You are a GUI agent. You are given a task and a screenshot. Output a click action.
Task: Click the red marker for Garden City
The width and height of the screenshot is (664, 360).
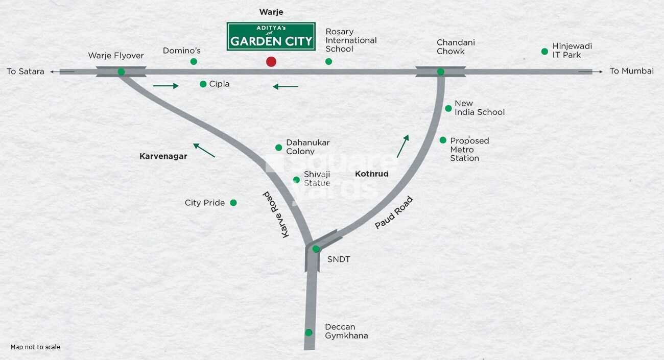pos(271,62)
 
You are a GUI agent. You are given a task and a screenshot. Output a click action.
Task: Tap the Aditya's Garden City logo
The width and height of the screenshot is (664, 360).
pos(271,37)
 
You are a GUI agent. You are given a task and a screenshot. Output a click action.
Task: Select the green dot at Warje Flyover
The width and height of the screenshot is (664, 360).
pos(121,72)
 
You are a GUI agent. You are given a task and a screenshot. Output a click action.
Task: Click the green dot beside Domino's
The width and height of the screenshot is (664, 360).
pos(194,62)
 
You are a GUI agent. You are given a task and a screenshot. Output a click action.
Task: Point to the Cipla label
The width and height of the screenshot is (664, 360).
pos(219,84)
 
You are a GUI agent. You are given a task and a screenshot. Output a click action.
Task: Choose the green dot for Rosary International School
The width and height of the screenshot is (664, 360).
pos(329,62)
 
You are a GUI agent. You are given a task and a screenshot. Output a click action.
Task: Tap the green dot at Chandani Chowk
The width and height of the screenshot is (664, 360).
pos(440,72)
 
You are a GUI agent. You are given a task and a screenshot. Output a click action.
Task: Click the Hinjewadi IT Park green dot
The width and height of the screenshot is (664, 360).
pos(544,52)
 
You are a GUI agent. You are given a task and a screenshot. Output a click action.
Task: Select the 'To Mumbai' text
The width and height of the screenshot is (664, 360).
pos(631,71)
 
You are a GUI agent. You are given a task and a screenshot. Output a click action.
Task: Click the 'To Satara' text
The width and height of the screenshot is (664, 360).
pos(26,72)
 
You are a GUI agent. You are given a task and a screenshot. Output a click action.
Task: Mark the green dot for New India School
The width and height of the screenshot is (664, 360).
pos(448,108)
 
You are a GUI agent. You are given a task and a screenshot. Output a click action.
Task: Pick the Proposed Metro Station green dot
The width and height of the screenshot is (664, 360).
pos(443,140)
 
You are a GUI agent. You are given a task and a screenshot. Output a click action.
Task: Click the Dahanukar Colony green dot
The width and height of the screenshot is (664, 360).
pos(278,148)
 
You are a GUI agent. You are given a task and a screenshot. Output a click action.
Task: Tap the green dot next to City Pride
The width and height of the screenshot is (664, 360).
pos(233,203)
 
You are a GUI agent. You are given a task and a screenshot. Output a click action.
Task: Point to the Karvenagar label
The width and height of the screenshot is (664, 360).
pos(163,157)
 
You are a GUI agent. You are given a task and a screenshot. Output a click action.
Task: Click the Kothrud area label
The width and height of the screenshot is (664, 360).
pos(371,174)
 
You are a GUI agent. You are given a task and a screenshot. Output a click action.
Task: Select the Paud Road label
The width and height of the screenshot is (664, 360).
pos(393,212)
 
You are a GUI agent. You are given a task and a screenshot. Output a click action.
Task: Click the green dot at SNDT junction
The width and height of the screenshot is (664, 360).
pos(316,249)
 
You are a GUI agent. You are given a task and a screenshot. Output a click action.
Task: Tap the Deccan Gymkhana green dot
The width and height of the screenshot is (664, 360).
pos(309,332)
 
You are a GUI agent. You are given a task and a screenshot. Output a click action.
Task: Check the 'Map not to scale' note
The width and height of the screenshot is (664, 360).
pos(35,347)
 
